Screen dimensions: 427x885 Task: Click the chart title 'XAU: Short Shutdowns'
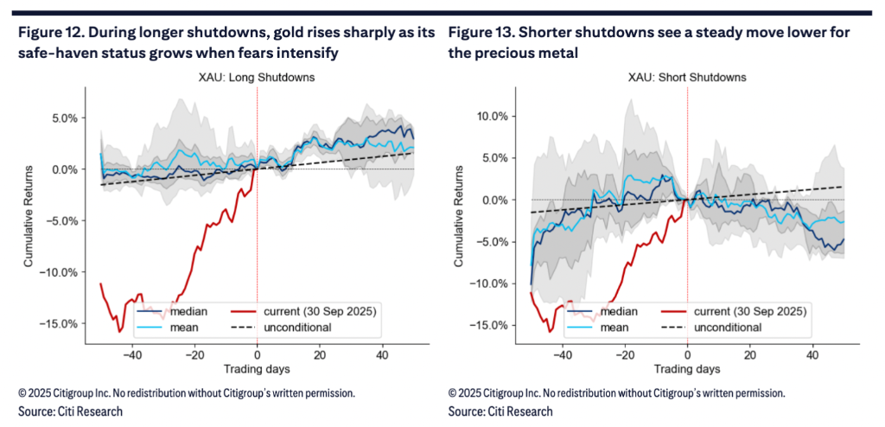point(688,78)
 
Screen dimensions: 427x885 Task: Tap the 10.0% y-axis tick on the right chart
point(495,117)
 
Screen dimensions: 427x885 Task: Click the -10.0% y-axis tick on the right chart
point(493,284)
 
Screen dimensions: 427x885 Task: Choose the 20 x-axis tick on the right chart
point(750,355)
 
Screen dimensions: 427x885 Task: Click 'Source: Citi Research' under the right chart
point(501,411)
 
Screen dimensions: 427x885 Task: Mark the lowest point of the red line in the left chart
point(120,331)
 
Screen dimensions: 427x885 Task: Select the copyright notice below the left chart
point(187,393)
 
